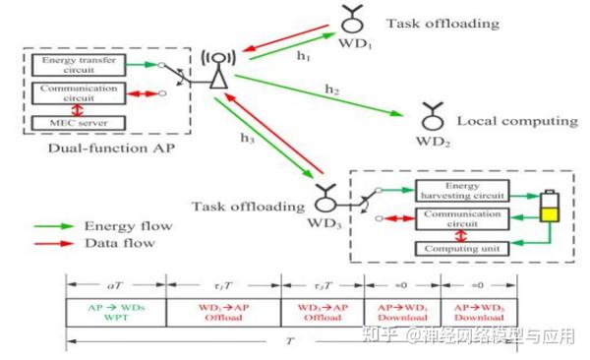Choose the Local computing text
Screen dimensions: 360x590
[x=516, y=121]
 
